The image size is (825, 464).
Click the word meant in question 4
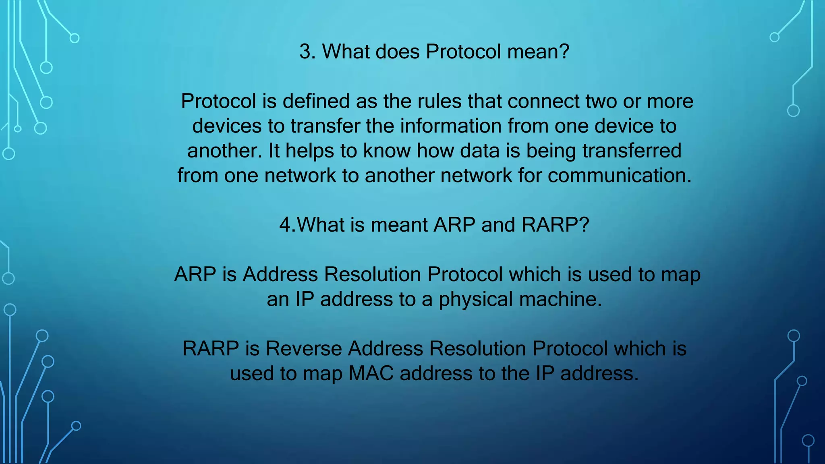[398, 225]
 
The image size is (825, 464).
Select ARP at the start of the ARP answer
[195, 275]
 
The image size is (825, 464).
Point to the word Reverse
[303, 349]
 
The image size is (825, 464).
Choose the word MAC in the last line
[371, 374]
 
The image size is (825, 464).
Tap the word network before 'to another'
[300, 176]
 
